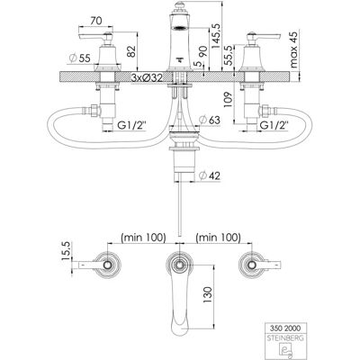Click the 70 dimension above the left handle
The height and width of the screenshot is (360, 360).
[96, 21]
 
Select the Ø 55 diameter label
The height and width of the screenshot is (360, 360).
[80, 58]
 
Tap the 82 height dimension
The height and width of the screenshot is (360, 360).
[131, 51]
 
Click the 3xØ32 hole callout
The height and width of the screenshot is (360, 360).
[147, 78]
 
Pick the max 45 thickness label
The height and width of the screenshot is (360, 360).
[293, 49]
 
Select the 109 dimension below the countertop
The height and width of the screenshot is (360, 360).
[228, 100]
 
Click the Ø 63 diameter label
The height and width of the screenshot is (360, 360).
[210, 120]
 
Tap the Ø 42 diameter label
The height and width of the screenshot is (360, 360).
[210, 175]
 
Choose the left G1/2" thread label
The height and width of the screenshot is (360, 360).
[131, 125]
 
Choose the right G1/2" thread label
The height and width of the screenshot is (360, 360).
[274, 125]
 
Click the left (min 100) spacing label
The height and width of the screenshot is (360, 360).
[143, 238]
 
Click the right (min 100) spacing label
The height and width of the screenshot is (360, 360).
[218, 238]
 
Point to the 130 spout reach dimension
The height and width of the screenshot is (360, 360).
[208, 294]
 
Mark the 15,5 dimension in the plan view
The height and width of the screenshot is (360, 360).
[66, 251]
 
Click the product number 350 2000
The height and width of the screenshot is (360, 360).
[283, 328]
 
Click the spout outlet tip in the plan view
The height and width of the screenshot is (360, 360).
[179, 330]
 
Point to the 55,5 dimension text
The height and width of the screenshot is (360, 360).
[229, 56]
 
